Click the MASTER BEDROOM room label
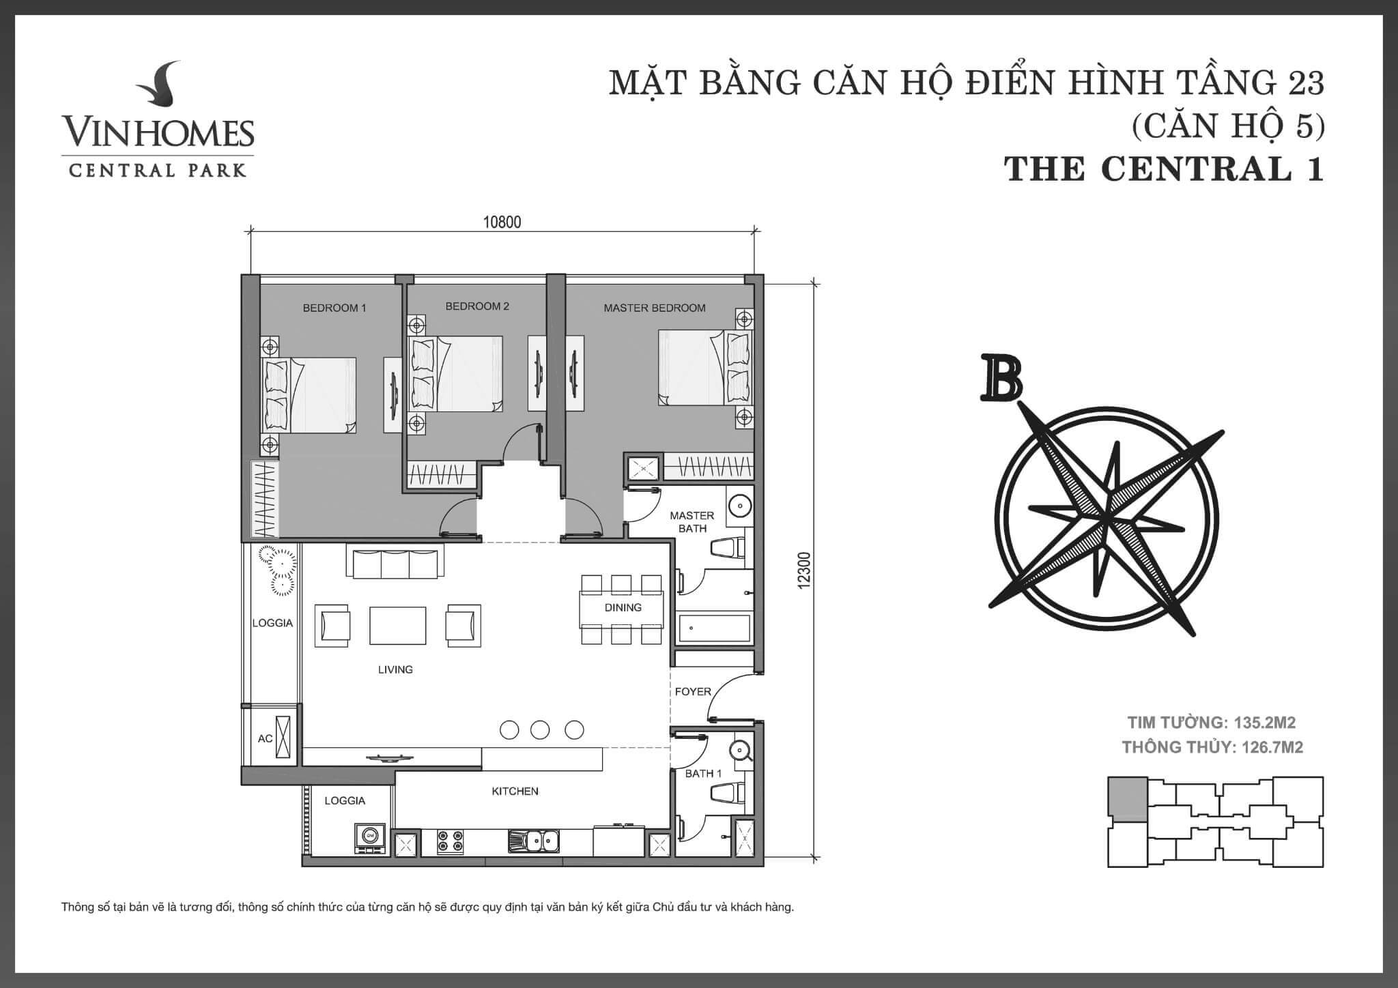(x=654, y=308)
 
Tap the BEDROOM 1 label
(x=334, y=308)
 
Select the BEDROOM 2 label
(x=477, y=306)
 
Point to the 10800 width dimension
(x=502, y=222)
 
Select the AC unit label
(x=265, y=738)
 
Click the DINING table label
(x=623, y=607)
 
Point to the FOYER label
(x=693, y=691)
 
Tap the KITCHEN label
(x=515, y=791)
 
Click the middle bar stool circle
(x=540, y=729)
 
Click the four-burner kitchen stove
(x=450, y=841)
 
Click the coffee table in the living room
(x=398, y=625)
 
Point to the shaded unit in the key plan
(x=1128, y=798)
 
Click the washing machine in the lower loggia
(x=370, y=839)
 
